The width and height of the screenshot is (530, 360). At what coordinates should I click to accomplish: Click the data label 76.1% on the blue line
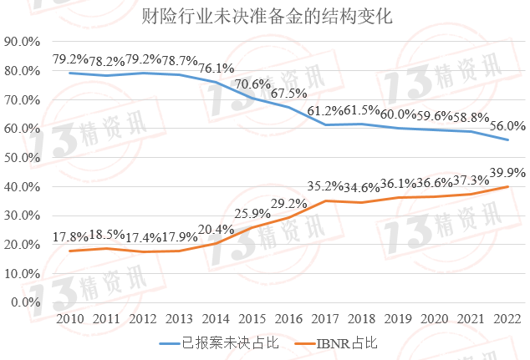(216, 68)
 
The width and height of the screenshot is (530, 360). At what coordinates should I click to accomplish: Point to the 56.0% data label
(507, 125)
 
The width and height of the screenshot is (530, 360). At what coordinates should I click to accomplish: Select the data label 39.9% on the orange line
(507, 172)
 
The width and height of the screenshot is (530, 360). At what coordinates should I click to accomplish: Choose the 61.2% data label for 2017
(325, 110)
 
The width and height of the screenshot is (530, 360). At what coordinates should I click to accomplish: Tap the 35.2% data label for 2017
(325, 186)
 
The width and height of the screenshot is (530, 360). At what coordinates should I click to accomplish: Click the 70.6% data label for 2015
(252, 84)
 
